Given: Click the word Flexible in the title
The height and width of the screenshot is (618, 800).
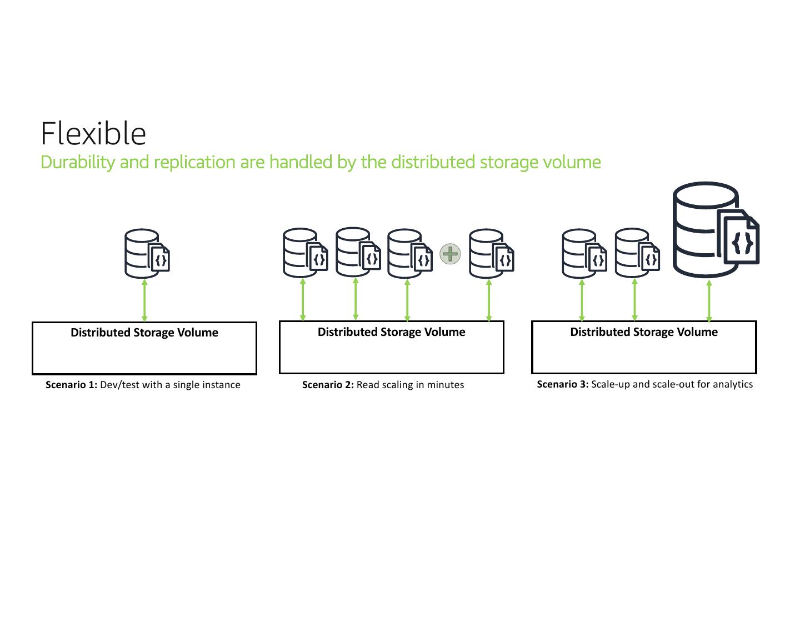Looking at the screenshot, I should click(93, 134).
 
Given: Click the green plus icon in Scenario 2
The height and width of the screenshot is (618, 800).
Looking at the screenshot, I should click(450, 254).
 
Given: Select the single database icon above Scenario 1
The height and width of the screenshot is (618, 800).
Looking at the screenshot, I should click(147, 254).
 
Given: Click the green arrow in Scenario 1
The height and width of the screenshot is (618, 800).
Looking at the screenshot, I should click(144, 300).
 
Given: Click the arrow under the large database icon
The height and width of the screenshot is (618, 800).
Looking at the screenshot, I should click(709, 301).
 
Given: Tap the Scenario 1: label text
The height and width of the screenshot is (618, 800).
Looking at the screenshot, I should click(71, 385).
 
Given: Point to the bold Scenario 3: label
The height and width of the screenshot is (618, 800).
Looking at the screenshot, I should click(562, 384).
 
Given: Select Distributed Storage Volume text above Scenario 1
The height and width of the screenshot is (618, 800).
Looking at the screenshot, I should click(144, 333).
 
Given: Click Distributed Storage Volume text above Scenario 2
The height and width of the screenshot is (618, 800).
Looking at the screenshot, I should click(391, 332).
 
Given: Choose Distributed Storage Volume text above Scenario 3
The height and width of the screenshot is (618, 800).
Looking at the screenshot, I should click(644, 332).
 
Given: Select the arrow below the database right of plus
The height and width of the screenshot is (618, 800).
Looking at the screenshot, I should click(489, 300).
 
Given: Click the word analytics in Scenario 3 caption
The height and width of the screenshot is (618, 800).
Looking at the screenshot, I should click(733, 384).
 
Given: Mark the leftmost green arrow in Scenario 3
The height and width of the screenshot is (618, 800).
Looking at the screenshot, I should click(582, 300).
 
